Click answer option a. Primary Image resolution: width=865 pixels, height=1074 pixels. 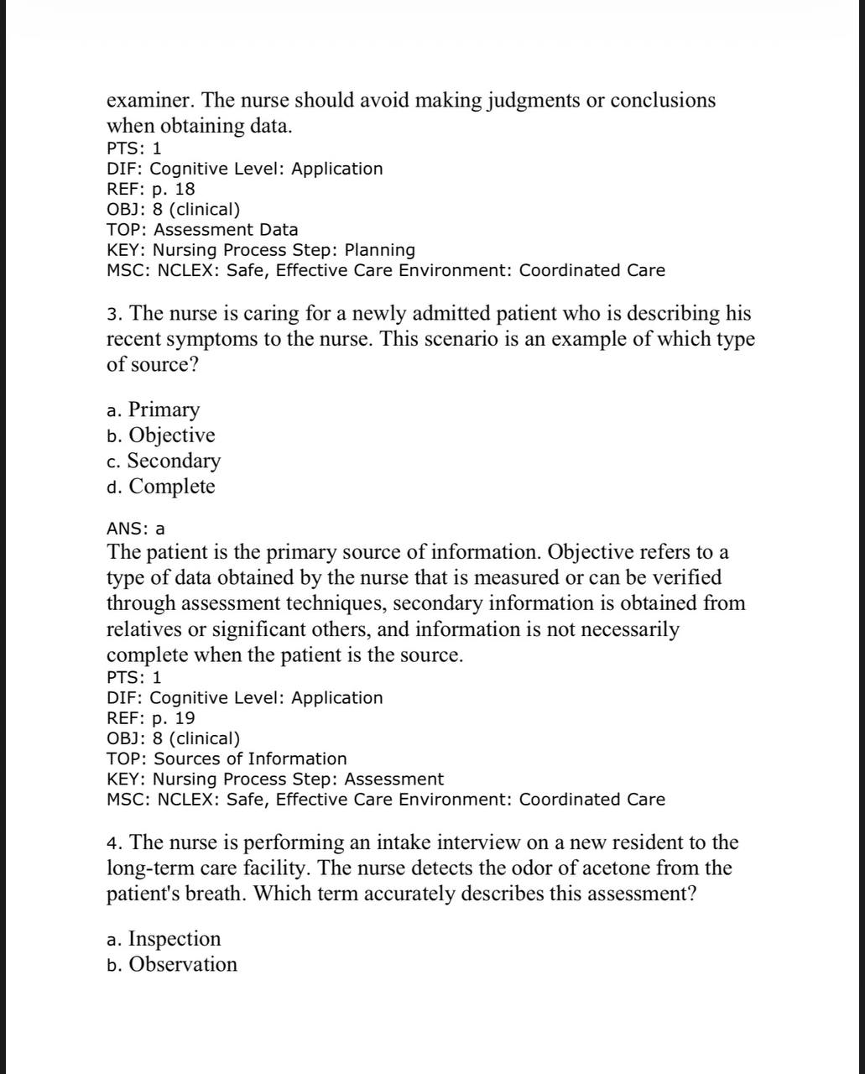point(154,410)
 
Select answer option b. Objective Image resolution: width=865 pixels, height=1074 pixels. point(161,435)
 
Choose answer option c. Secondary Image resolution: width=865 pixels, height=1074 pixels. point(164,461)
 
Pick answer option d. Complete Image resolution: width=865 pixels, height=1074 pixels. point(161,487)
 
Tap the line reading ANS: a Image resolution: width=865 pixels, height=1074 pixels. point(136,529)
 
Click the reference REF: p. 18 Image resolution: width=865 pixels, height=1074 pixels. point(151,189)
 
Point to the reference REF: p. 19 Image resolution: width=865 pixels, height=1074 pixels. point(151,718)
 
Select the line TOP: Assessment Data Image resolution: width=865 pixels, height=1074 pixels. point(202,229)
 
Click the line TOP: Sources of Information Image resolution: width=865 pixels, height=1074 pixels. point(227,759)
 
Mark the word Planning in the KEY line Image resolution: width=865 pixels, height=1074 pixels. point(380,250)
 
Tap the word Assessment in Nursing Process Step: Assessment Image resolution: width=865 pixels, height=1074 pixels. point(394,779)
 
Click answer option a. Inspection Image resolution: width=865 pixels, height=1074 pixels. point(164,939)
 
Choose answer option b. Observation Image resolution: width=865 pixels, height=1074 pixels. point(172,965)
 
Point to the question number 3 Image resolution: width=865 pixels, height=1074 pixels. point(115,314)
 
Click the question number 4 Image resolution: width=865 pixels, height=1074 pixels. point(115,842)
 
